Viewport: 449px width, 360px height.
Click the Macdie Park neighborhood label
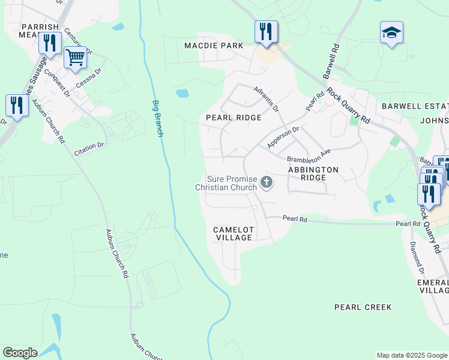[214, 46]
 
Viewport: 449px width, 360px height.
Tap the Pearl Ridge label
[234, 118]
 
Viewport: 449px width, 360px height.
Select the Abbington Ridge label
[313, 170]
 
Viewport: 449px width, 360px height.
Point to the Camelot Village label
[234, 233]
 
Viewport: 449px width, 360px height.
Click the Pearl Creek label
[363, 307]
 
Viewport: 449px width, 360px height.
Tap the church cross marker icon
[267, 182]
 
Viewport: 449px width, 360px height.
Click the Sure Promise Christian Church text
[226, 183]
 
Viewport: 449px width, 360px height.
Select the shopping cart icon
[75, 58]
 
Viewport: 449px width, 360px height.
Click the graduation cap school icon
[391, 32]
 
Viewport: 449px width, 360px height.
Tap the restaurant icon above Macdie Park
[266, 31]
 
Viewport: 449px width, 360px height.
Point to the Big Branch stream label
[157, 118]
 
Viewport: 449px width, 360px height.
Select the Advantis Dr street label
[266, 99]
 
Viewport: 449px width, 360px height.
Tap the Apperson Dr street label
[283, 137]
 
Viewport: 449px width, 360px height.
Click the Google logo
[20, 353]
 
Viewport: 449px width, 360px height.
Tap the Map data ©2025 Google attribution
[411, 355]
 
